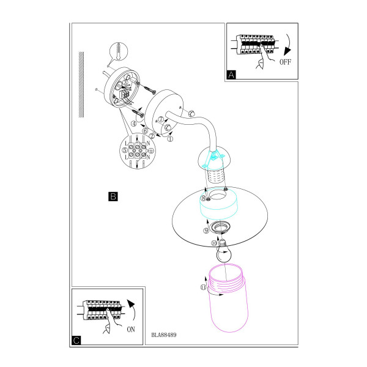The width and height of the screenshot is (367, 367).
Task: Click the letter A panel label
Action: click(x=231, y=75)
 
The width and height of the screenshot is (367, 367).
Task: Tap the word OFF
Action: click(x=285, y=62)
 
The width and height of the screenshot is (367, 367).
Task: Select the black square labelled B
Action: click(x=113, y=196)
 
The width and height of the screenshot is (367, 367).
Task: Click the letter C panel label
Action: click(x=76, y=340)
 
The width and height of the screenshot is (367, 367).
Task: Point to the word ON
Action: click(x=131, y=329)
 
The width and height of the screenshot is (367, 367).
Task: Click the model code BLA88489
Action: click(x=163, y=335)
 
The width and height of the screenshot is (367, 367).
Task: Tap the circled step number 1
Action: click(x=170, y=139)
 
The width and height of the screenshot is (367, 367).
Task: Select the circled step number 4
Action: click(x=134, y=124)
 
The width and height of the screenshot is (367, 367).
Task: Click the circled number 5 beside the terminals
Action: click(x=125, y=150)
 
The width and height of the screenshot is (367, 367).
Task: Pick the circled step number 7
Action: click(x=161, y=119)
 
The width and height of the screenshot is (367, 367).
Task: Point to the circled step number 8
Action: click(x=204, y=198)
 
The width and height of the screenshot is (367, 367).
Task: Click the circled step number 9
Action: click(x=206, y=231)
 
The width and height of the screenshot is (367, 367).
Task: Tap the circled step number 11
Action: click(x=203, y=287)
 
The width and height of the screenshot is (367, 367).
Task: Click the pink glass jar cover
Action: click(x=228, y=298)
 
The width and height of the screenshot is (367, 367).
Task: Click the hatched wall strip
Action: click(x=81, y=84)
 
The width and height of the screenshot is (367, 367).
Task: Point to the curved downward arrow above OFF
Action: click(x=287, y=45)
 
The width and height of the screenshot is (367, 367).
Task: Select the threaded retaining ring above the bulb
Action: click(x=220, y=228)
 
